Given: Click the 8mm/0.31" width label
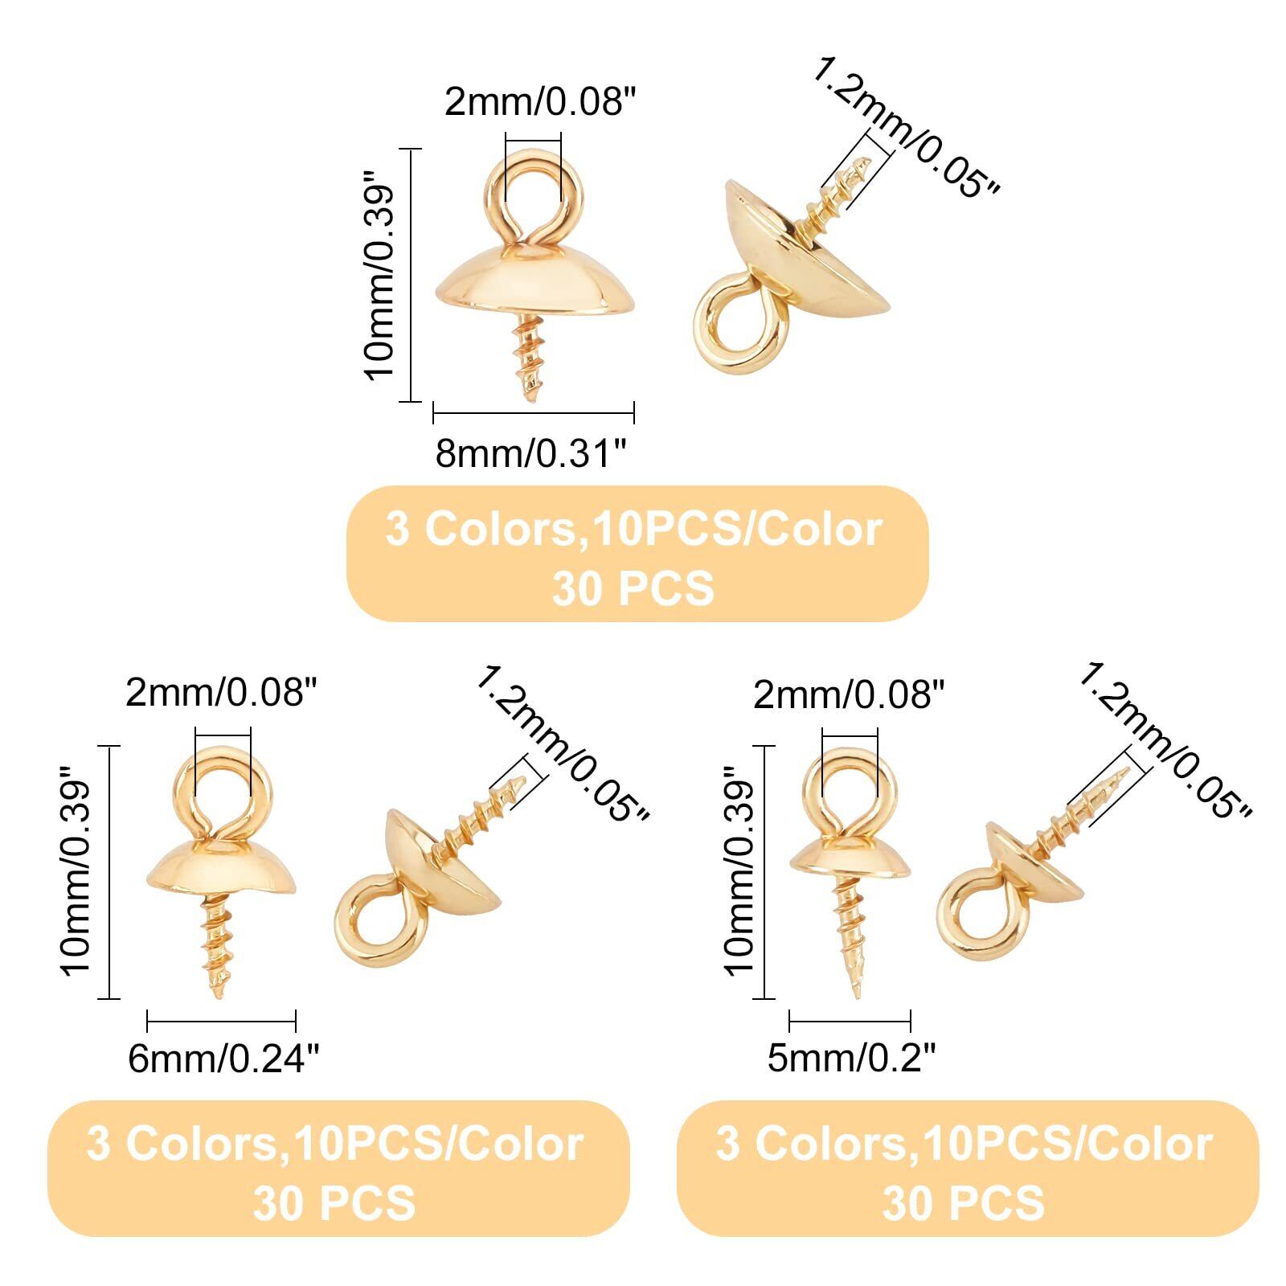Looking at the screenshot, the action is click(x=530, y=454).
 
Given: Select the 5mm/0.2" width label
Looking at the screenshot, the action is click(x=851, y=1059).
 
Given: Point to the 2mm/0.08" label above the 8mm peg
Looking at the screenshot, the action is click(x=540, y=103).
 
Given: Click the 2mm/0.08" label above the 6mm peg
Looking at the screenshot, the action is click(x=222, y=692).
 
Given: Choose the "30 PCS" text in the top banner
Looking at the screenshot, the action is click(x=633, y=588).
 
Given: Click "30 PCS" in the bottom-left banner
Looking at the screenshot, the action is click(x=334, y=1203).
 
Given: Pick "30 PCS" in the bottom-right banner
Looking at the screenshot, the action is click(x=964, y=1203).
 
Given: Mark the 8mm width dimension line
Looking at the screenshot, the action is click(x=534, y=413).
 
